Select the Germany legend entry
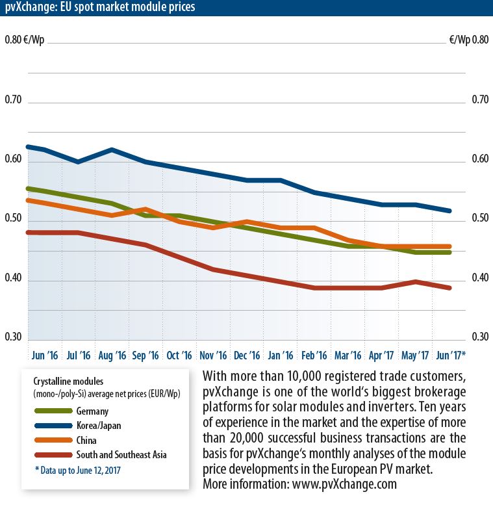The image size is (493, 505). point(92,411)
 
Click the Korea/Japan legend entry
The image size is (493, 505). point(98,426)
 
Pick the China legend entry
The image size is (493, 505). point(88,440)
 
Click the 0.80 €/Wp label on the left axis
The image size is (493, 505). point(22,40)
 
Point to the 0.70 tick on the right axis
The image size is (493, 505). point(479,101)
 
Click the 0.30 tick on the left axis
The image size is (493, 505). point(13,337)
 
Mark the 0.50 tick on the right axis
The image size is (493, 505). point(479,219)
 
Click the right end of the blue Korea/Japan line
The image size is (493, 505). point(449,211)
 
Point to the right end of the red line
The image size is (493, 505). point(449,287)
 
